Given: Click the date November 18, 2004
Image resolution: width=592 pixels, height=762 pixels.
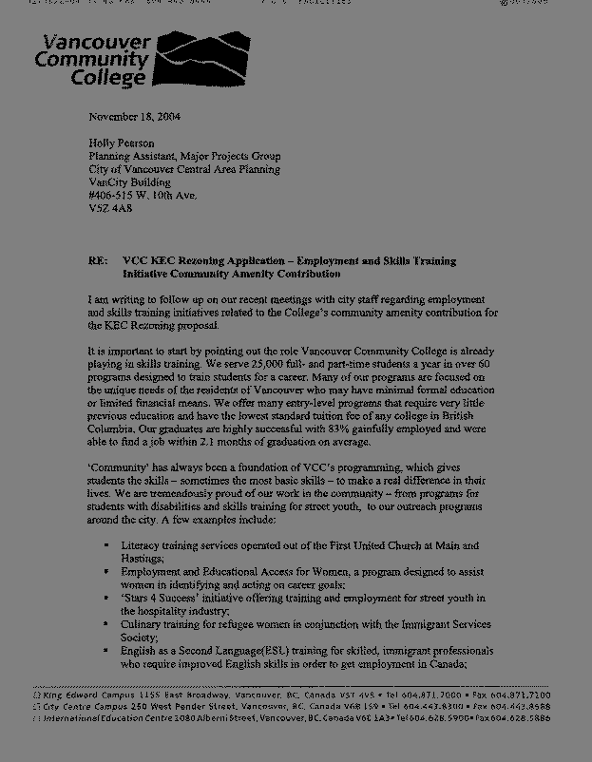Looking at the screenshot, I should click(134, 117).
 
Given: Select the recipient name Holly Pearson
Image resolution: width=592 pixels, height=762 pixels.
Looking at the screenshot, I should click(122, 143).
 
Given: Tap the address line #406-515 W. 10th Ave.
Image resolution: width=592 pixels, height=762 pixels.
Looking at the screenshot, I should click(143, 195).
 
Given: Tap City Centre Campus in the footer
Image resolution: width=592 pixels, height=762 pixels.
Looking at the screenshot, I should click(75, 707).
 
